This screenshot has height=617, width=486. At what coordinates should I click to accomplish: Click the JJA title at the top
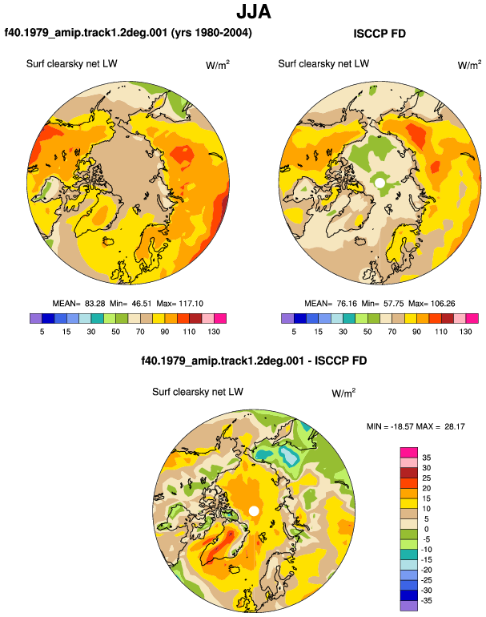point(254,11)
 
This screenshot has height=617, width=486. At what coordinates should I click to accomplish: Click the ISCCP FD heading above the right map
point(380,34)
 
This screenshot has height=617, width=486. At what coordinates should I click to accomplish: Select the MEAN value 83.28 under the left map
point(95,304)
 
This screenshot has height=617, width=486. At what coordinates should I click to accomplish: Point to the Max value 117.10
point(191,304)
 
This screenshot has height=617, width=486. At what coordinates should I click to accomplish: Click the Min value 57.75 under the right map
point(394,304)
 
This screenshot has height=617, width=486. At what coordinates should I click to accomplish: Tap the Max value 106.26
point(443,304)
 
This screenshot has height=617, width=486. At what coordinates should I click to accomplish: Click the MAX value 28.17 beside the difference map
point(455,426)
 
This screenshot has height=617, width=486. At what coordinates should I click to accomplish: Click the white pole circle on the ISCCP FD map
point(380,183)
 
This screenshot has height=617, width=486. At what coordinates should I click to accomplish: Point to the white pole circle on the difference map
point(254,511)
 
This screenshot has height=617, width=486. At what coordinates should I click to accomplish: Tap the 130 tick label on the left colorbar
point(214,332)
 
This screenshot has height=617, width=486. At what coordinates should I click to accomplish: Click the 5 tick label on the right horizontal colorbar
point(294,332)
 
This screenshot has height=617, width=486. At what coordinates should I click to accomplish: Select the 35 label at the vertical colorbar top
point(427,458)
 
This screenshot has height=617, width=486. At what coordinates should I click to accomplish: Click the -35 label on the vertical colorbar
point(425,601)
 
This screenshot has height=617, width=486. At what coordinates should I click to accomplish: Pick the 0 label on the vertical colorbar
point(427,529)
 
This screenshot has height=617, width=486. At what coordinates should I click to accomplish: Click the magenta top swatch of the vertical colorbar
point(409,453)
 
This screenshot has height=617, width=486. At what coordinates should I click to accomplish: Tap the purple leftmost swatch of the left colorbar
point(36,318)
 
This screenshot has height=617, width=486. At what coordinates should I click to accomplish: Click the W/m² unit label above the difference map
point(343,393)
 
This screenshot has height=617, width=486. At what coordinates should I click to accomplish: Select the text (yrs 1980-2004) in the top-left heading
point(211,33)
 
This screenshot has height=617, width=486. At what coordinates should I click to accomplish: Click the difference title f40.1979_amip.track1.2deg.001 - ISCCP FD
point(254,361)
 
